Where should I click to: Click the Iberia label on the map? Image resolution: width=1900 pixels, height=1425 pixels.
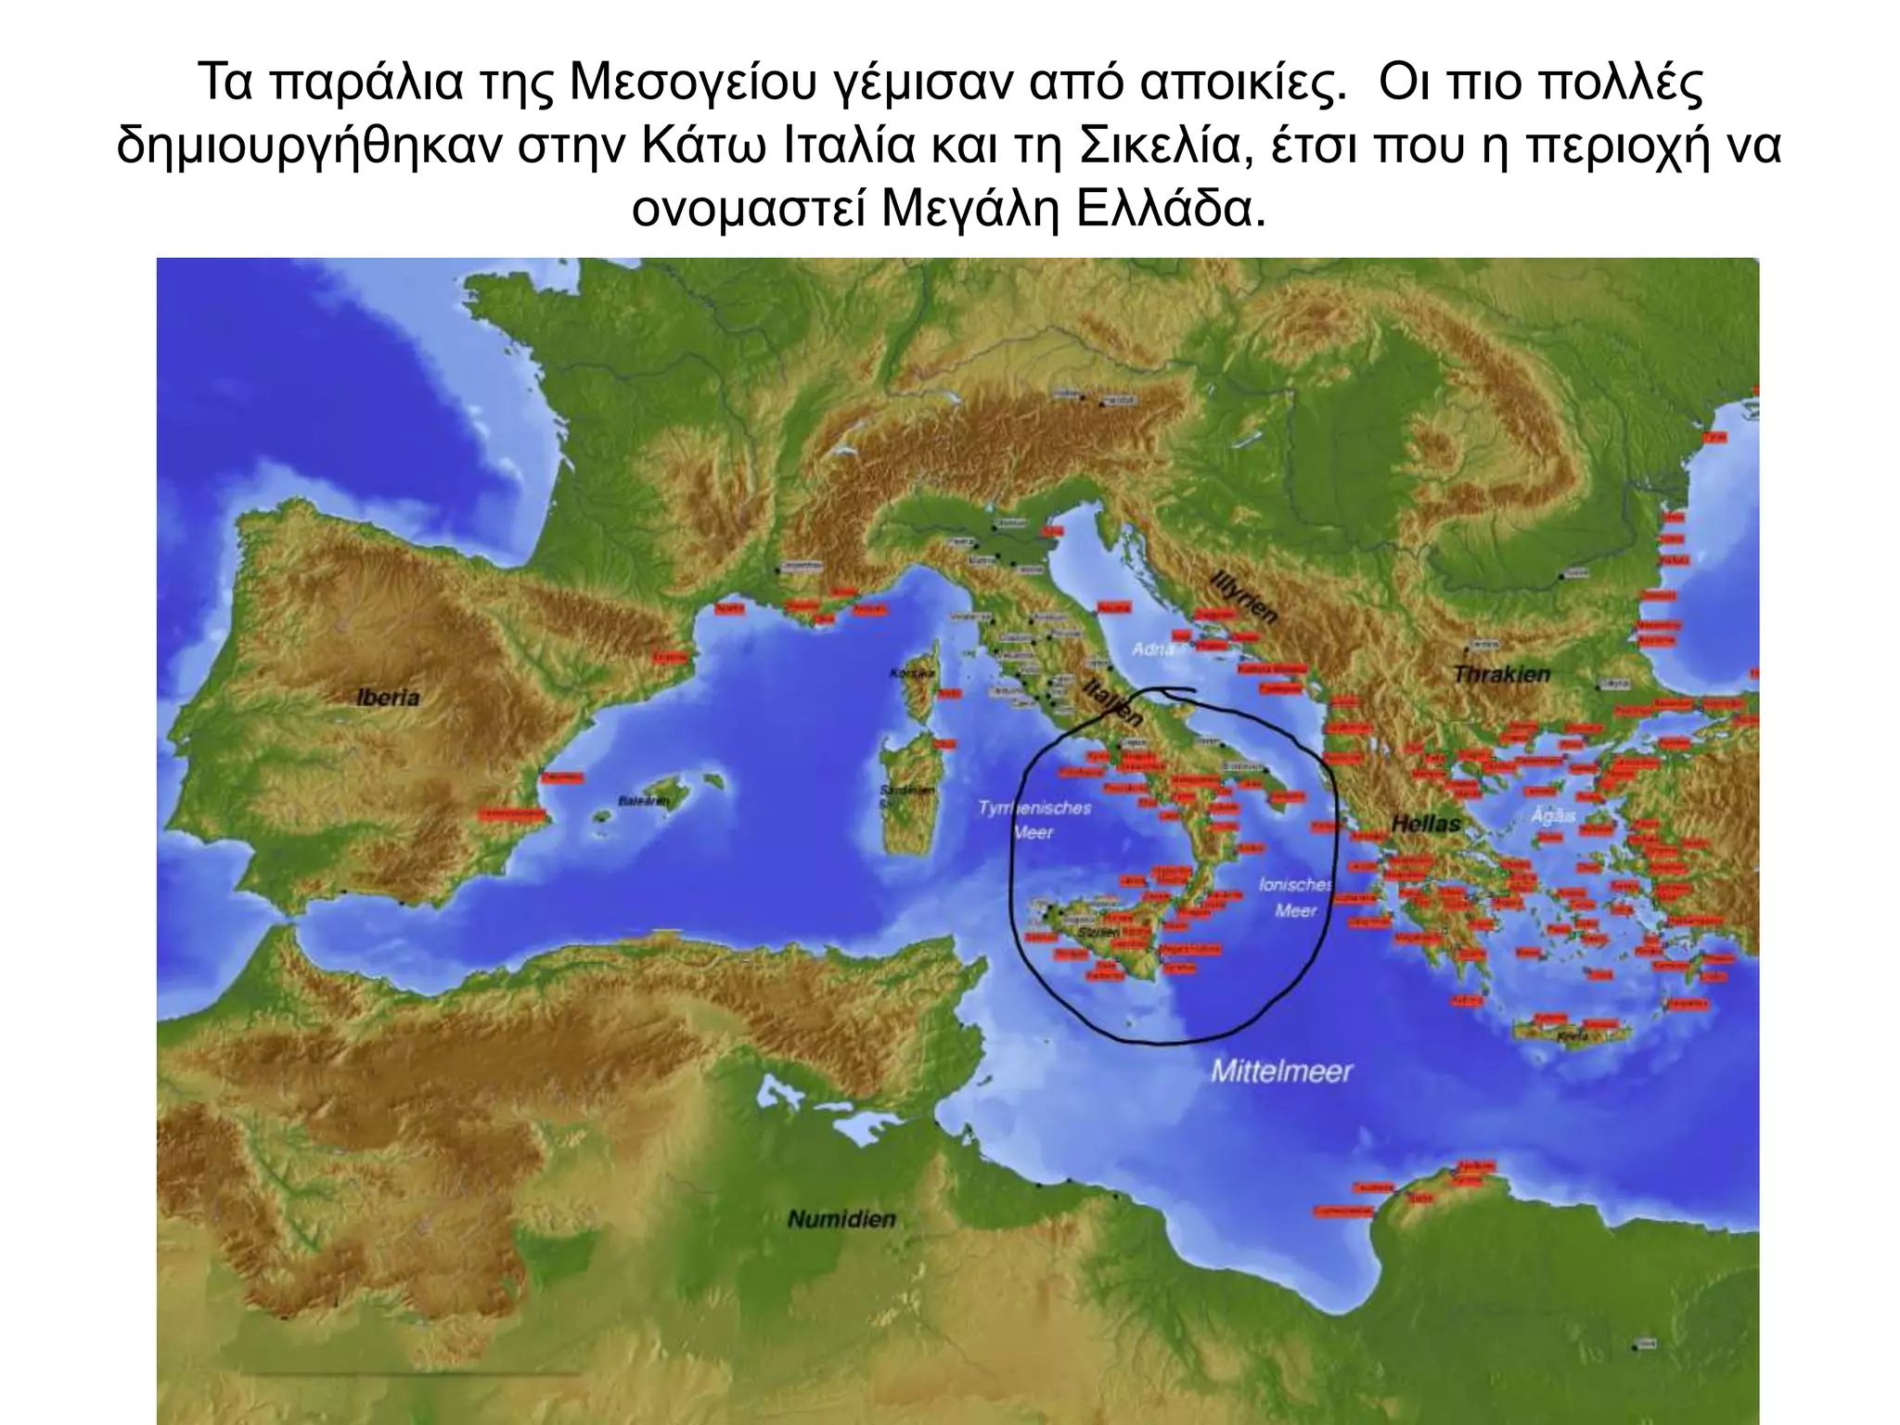388,697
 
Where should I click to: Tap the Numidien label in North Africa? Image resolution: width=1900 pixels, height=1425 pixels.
841,1218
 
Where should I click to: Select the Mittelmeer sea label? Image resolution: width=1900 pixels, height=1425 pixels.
1281,1072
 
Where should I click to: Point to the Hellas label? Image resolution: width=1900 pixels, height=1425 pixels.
1425,823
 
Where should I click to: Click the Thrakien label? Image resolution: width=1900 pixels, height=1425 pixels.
1501,674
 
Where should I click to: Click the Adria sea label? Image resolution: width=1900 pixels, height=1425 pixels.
1153,649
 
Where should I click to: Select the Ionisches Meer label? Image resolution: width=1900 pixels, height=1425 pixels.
1295,897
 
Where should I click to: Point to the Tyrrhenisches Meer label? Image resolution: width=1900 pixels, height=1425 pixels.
1034,820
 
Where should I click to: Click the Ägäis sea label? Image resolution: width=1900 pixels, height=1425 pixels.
1553,815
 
